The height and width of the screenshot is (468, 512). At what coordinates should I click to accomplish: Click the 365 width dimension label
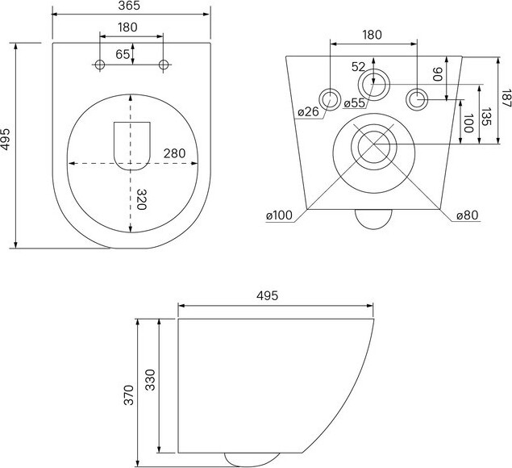(x=129, y=6)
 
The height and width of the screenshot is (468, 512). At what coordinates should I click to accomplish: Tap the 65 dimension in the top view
(x=123, y=54)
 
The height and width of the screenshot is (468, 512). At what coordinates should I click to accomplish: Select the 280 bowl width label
(x=174, y=153)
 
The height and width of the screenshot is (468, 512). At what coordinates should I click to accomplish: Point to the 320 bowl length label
(x=141, y=199)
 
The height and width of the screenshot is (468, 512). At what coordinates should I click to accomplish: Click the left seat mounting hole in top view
(x=100, y=65)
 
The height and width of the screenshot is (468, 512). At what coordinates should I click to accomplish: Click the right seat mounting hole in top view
(x=164, y=65)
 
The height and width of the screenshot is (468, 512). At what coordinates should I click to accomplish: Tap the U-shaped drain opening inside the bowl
(x=132, y=146)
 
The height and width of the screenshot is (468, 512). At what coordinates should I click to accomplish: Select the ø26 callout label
(x=308, y=112)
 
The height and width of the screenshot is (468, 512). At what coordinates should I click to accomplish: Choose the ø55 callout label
(x=355, y=103)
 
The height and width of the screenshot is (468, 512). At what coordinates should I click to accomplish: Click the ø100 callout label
(x=279, y=215)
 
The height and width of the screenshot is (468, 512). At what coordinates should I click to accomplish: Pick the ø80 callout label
(x=468, y=215)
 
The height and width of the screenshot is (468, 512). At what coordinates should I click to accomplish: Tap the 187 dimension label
(x=506, y=98)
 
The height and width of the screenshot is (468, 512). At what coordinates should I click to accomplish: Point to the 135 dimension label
(x=486, y=117)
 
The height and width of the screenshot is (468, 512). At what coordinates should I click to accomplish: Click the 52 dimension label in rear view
(x=358, y=67)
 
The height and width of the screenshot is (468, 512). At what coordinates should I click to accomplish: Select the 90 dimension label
(x=438, y=74)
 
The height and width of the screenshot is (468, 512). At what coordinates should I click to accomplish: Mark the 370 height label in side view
(x=129, y=395)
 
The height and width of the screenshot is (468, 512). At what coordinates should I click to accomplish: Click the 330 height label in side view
(x=150, y=380)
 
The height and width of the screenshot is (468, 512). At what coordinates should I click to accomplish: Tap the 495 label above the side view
(x=267, y=296)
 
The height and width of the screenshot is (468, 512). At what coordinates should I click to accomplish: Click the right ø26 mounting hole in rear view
(x=417, y=99)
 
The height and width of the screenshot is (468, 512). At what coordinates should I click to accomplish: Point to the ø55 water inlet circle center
(x=374, y=84)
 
